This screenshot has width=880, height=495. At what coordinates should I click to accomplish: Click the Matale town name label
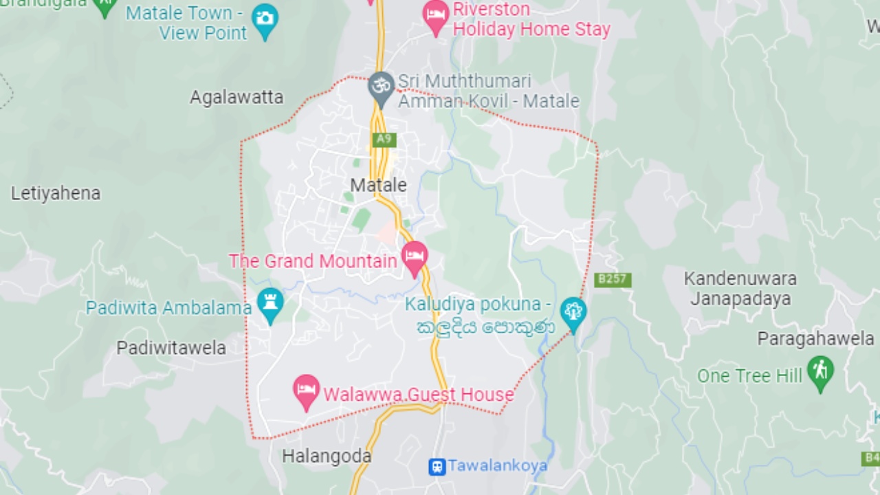[378, 185]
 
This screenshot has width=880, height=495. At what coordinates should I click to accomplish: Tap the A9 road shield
[384, 140]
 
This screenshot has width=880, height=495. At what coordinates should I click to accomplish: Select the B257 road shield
[613, 280]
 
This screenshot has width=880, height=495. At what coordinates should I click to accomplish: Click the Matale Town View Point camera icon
[265, 19]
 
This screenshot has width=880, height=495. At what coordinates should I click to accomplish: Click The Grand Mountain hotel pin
[415, 256]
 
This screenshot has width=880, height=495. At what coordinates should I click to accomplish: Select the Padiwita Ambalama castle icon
[270, 303]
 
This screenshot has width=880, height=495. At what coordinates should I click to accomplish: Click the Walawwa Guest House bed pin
[307, 390]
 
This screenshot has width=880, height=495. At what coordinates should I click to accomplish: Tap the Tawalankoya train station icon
[437, 467]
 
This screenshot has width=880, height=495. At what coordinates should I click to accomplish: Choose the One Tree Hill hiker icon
[820, 371]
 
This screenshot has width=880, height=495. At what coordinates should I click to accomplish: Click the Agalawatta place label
[236, 98]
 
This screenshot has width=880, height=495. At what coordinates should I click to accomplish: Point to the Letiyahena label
[56, 193]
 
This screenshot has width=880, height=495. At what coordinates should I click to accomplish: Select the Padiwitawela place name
[171, 348]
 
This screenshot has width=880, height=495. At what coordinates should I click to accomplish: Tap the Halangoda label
[327, 456]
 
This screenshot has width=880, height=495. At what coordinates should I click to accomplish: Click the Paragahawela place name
[816, 338]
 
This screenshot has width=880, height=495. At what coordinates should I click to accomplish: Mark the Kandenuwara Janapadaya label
[740, 289]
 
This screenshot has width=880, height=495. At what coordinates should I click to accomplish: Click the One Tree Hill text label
[749, 376]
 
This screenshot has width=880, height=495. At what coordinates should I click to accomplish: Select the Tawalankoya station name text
[498, 466]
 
